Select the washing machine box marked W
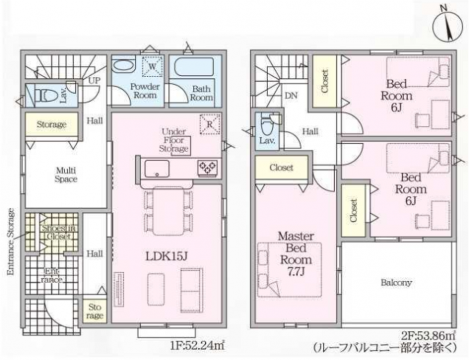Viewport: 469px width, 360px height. [152, 66]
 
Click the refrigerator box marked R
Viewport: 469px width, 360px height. [210, 124]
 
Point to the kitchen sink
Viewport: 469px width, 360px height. [157, 168]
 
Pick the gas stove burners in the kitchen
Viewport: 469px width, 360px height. [208, 167]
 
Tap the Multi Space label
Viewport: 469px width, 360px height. [66, 175]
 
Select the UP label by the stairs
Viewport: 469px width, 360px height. [94, 81]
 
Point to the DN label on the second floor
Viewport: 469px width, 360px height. [291, 96]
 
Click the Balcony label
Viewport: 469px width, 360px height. [396, 282]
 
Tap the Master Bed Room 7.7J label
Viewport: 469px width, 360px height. [296, 254]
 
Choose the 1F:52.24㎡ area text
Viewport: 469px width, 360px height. [197, 346]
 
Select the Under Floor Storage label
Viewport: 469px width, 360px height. [174, 140]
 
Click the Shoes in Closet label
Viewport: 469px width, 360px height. [59, 232]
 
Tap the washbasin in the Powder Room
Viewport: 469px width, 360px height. [124, 66]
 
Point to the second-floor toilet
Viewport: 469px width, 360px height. [266, 126]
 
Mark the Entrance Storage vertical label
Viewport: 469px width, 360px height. [11, 241]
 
